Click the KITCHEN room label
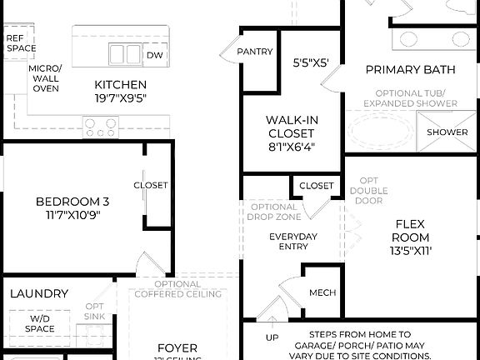click(121, 84)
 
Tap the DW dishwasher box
click(154, 55)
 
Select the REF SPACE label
click(20, 43)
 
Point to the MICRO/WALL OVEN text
click(45, 78)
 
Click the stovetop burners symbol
click(101, 127)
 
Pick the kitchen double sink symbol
click(124, 54)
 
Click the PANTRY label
click(254, 52)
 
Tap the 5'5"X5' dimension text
click(311, 62)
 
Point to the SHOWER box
click(447, 132)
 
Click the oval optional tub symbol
click(379, 132)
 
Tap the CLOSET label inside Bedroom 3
click(150, 185)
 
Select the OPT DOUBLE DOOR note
click(368, 191)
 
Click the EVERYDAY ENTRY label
click(292, 242)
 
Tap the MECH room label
click(322, 293)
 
